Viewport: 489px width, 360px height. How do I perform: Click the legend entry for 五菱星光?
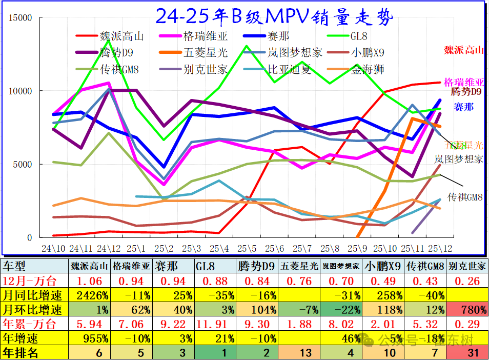(x=205, y=52)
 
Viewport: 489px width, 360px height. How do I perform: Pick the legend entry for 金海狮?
(x=366, y=69)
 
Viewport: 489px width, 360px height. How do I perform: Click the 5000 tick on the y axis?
(x=23, y=165)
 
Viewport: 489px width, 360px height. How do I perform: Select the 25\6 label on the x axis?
(x=274, y=248)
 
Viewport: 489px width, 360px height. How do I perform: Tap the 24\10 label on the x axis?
(x=53, y=248)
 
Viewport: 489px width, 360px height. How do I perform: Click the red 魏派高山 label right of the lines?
(x=463, y=50)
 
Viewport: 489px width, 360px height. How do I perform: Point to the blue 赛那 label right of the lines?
(x=463, y=107)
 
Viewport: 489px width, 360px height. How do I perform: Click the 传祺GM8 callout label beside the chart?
(x=466, y=197)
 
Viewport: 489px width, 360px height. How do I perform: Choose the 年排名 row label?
(x=21, y=353)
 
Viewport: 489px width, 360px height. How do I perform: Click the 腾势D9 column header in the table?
(x=257, y=266)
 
